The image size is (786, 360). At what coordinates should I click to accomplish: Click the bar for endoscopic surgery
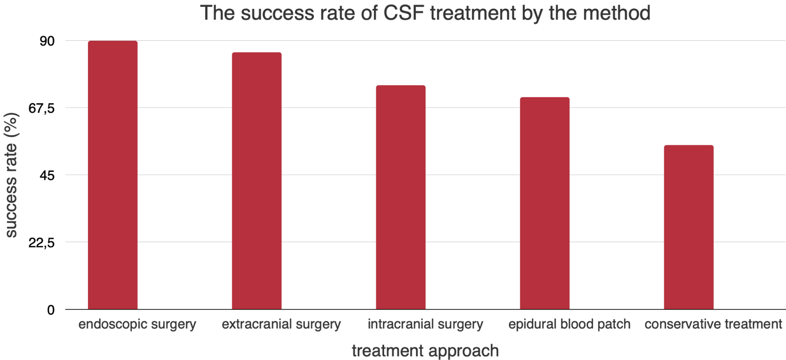click(x=112, y=175)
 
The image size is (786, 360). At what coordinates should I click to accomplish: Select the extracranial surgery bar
click(x=256, y=180)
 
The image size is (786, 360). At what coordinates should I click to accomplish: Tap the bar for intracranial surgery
click(x=400, y=197)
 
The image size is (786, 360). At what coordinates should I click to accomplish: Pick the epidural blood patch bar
click(x=545, y=203)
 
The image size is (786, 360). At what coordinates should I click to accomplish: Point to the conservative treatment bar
click(x=689, y=227)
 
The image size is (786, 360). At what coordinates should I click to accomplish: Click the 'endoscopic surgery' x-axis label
click(x=137, y=325)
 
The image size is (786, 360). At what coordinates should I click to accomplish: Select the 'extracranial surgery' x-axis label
click(x=281, y=325)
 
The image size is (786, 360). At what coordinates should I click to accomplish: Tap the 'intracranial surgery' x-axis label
click(x=425, y=325)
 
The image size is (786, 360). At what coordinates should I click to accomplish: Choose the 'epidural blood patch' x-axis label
click(x=569, y=325)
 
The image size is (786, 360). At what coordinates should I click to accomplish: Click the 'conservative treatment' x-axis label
click(x=713, y=325)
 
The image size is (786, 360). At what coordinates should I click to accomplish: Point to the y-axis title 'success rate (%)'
click(x=11, y=175)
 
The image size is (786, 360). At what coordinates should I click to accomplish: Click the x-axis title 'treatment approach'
click(x=425, y=351)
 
